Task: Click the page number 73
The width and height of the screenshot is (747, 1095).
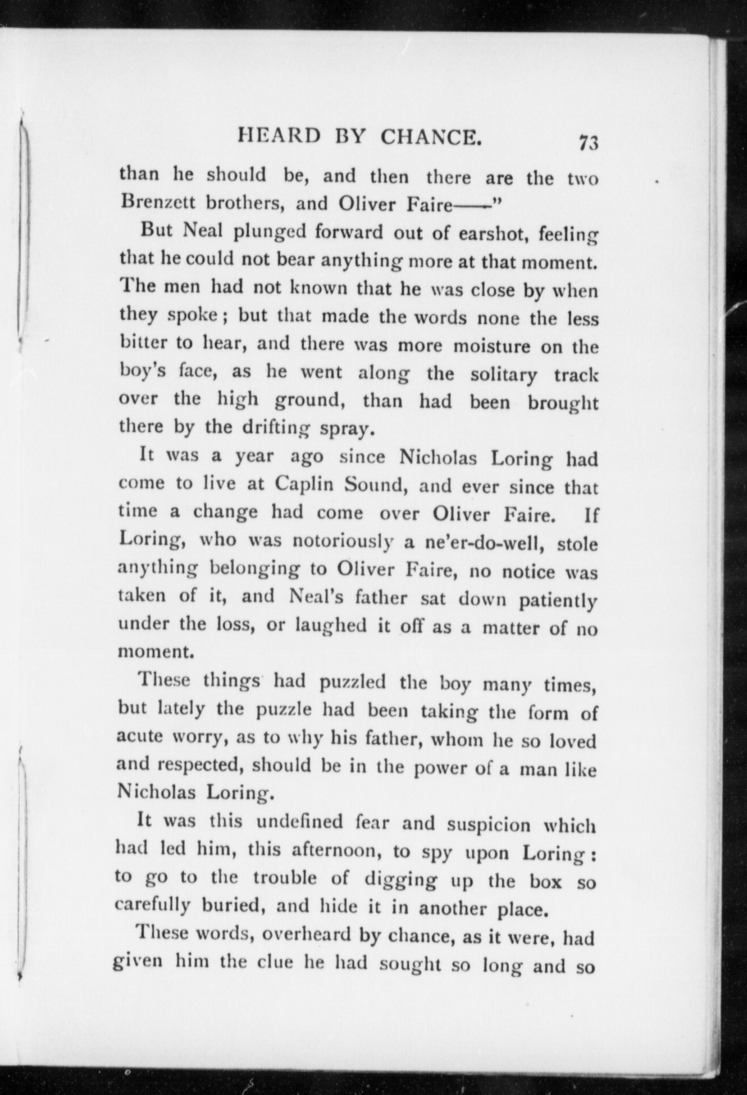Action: coord(588,144)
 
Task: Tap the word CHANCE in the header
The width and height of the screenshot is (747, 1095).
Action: coord(430,138)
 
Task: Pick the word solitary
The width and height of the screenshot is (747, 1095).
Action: coord(503,374)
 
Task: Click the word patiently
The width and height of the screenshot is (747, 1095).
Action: coord(558,600)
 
